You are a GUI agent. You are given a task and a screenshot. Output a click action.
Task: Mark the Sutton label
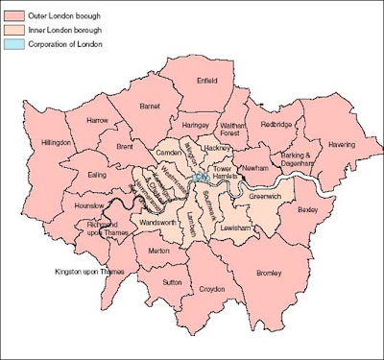click(172, 283)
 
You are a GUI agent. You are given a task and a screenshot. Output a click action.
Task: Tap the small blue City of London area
click(201, 178)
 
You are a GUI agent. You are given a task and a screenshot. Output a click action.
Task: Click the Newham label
click(254, 168)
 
